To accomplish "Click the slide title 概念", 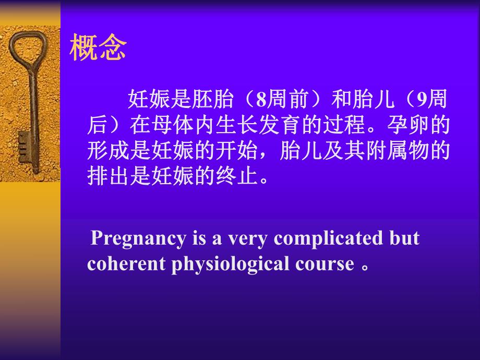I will coord(98,49).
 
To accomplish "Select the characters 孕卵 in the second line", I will coord(401,126).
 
